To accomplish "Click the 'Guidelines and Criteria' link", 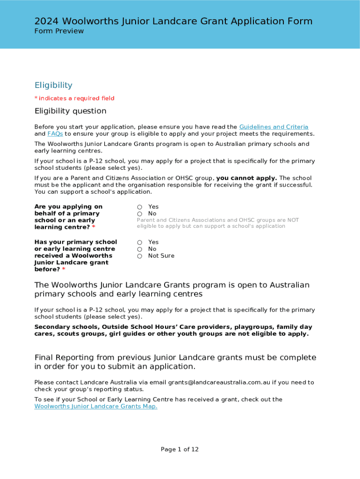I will [x=274, y=127].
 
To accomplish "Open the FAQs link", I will [x=55, y=134].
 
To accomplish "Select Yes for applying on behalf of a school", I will [x=139, y=207].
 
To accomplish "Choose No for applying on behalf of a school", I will [x=139, y=214].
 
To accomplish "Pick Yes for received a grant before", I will [x=139, y=242].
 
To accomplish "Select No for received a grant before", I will [x=139, y=249].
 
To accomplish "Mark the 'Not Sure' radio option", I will [x=139, y=256].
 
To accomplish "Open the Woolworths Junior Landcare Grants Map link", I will [x=96, y=406].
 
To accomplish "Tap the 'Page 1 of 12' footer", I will [x=180, y=450].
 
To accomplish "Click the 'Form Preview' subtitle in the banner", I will [x=59, y=31].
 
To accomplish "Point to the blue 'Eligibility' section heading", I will [x=53, y=85].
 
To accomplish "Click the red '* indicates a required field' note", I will [x=74, y=98].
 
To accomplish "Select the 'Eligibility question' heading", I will [x=70, y=111].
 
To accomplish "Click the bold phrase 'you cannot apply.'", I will [x=246, y=178].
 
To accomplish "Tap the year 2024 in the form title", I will [x=47, y=22].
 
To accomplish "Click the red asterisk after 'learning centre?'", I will [x=94, y=227].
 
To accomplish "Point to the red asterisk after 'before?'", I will [x=64, y=270].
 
